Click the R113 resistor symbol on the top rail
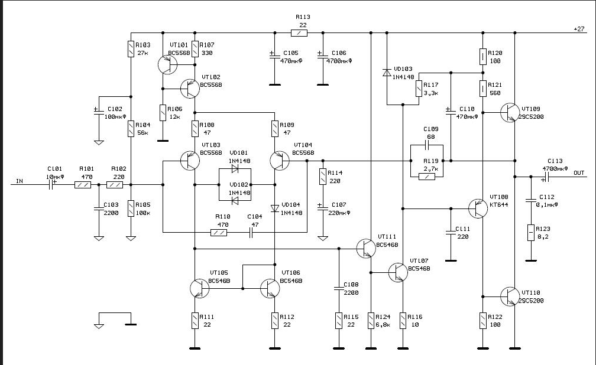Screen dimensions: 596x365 tap(299, 33)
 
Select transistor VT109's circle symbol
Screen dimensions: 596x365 tap(510, 112)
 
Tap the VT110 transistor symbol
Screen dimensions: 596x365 tap(510, 296)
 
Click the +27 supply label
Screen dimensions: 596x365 tap(579, 29)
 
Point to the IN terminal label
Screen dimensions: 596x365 tap(20, 181)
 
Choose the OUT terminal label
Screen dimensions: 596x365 tap(579, 173)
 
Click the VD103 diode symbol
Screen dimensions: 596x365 tap(387, 73)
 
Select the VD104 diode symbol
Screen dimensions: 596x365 tap(275, 208)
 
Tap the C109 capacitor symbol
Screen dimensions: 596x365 tap(427, 145)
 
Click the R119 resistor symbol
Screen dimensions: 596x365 tap(427, 177)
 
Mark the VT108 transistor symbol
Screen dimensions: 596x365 tap(478, 208)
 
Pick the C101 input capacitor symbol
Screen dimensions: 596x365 tap(51, 185)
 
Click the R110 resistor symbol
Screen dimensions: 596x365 tap(219, 233)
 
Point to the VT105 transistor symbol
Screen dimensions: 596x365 tap(199, 288)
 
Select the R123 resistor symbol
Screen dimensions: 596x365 tap(531, 233)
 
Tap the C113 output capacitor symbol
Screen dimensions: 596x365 tap(546, 177)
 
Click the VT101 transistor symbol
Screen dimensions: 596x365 tap(167, 64)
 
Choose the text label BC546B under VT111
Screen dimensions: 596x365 tap(387, 245)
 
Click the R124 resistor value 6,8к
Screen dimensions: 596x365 tap(383, 325)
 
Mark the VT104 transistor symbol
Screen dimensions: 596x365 tap(279, 160)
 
